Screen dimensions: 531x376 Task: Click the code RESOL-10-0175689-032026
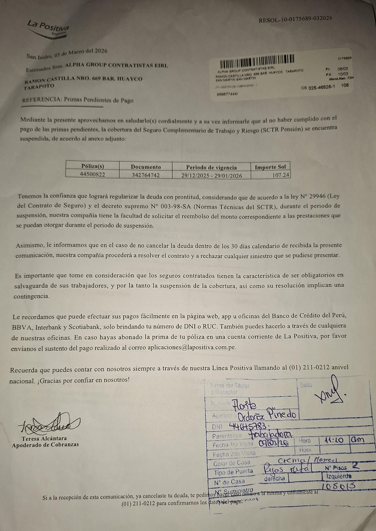pos(295,19)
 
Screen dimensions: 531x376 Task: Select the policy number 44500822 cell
pos(92,174)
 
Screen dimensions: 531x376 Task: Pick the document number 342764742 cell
pos(146,175)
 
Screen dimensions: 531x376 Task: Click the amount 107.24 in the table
pos(281,175)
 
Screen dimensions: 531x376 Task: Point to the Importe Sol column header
pos(270,167)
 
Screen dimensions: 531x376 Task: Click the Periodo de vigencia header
pos(211,167)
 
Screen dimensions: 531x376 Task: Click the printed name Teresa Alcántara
pos(44,438)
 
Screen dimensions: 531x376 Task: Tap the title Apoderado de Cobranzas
pos(45,445)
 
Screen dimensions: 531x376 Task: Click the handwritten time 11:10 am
pos(343,439)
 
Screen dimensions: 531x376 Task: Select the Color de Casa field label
pos(232,463)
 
